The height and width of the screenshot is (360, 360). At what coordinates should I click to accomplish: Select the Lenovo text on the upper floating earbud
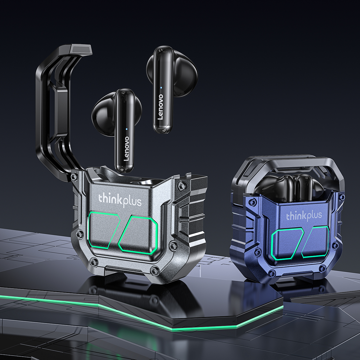click(161, 107)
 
